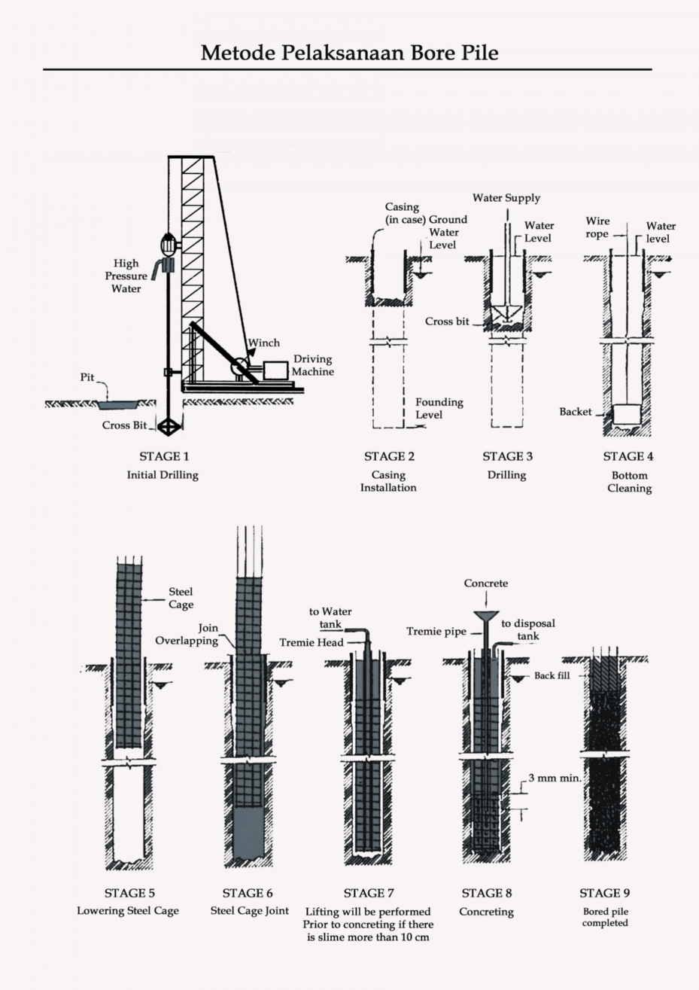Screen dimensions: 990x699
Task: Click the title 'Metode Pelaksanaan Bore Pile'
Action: point(349,53)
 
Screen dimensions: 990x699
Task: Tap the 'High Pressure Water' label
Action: point(126,276)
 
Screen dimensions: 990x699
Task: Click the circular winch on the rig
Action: point(241,367)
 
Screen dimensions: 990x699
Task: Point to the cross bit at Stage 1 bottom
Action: point(168,425)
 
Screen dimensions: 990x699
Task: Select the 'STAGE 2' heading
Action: point(389,456)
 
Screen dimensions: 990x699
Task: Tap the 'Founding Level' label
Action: point(439,408)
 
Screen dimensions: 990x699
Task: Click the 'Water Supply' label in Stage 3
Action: point(506,198)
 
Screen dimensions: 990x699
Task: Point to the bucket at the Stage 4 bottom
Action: point(626,413)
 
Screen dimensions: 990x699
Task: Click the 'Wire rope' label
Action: point(597,227)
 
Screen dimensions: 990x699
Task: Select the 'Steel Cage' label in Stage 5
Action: point(181,599)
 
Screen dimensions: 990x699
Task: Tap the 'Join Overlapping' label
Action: point(187,634)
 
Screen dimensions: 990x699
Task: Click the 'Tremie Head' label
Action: point(311,642)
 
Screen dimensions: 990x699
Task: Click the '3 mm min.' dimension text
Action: point(554,778)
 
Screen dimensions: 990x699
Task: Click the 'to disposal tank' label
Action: point(527,629)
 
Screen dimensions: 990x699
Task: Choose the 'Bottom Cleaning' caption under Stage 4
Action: point(629,482)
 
